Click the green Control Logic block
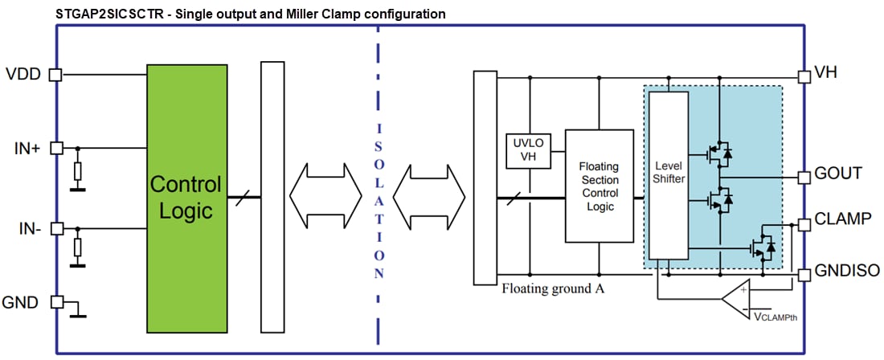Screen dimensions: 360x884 (x=185, y=197)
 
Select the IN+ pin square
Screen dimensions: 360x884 (x=55, y=148)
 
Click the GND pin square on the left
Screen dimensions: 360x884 (x=55, y=302)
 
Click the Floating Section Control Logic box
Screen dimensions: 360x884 (x=599, y=186)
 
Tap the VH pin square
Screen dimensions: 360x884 (x=804, y=76)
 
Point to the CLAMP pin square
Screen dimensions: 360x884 (x=804, y=224)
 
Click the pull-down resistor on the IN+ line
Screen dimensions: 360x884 (x=77, y=170)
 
